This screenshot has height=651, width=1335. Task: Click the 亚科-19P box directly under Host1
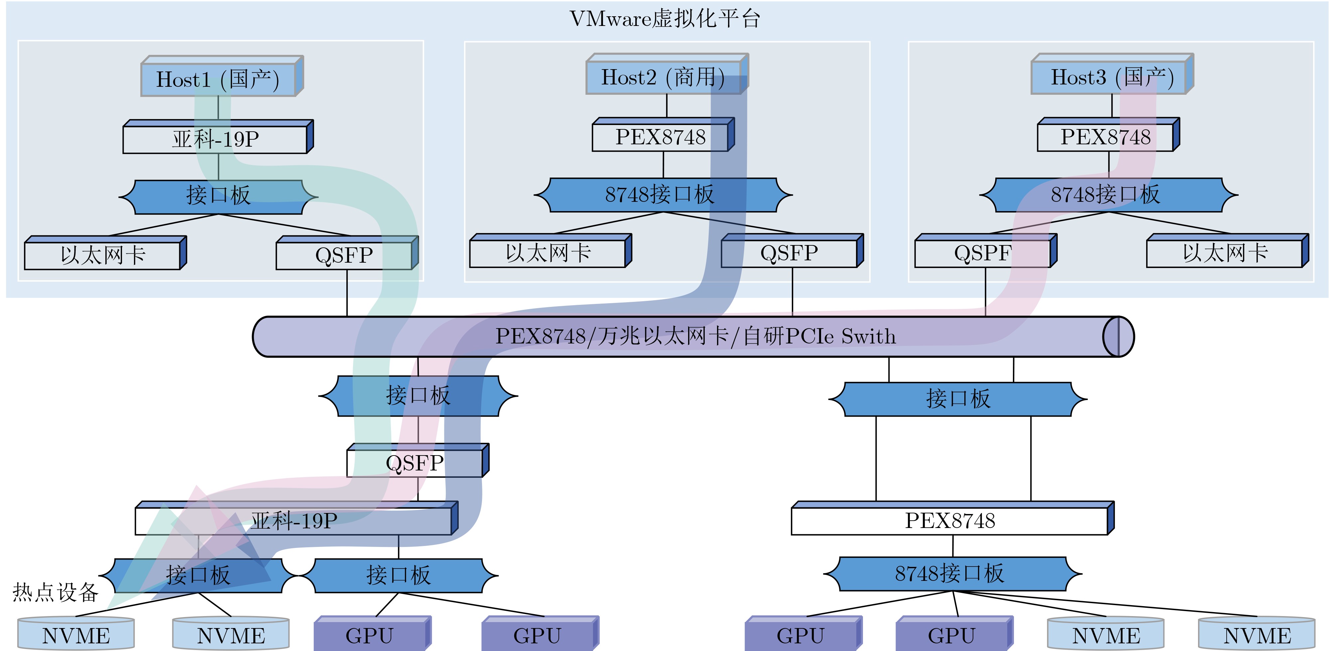click(x=215, y=139)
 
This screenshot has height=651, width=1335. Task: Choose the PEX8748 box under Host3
click(x=1105, y=137)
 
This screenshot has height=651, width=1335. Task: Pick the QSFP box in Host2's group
click(x=789, y=253)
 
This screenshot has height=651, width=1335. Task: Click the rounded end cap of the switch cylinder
click(x=1118, y=336)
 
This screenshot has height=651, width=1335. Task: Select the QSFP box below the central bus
click(x=415, y=463)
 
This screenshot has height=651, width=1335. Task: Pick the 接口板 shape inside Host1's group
click(x=218, y=196)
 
